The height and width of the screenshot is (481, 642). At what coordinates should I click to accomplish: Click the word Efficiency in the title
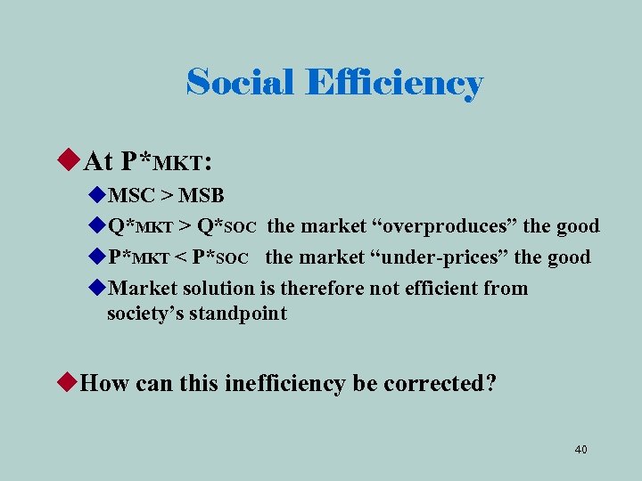[393, 84]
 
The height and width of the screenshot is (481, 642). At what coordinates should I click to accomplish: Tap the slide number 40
[580, 449]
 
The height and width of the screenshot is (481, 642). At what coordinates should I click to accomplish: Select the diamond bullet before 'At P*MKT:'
[69, 161]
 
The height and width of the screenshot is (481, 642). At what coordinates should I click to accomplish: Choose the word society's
[145, 314]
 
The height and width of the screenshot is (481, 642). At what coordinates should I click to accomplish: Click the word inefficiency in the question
[284, 383]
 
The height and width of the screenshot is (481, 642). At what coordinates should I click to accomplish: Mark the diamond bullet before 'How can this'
[68, 383]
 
